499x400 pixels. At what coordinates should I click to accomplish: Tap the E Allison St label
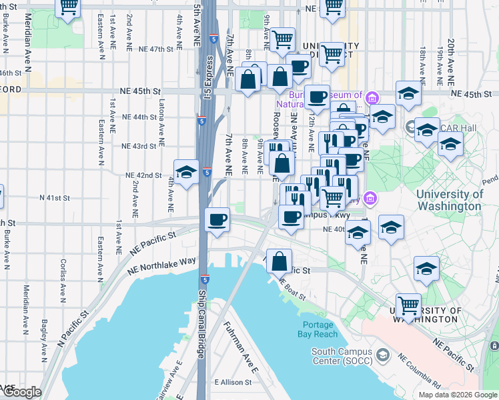233,383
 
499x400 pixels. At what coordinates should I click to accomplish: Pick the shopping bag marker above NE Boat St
280,260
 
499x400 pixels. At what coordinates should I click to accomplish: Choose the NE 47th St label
152,49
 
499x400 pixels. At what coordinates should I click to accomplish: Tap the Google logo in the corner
22,392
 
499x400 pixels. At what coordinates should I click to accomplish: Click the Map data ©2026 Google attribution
458,395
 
